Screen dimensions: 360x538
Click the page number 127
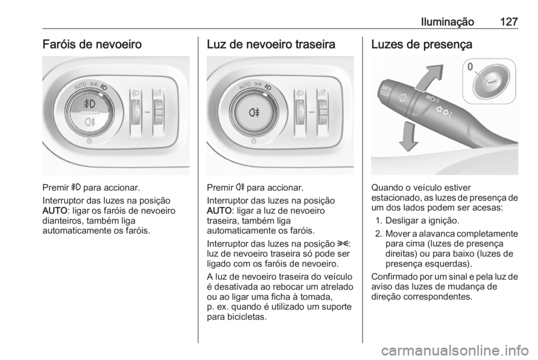[x=507, y=22]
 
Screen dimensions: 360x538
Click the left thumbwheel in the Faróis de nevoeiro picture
[x=137, y=109]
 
